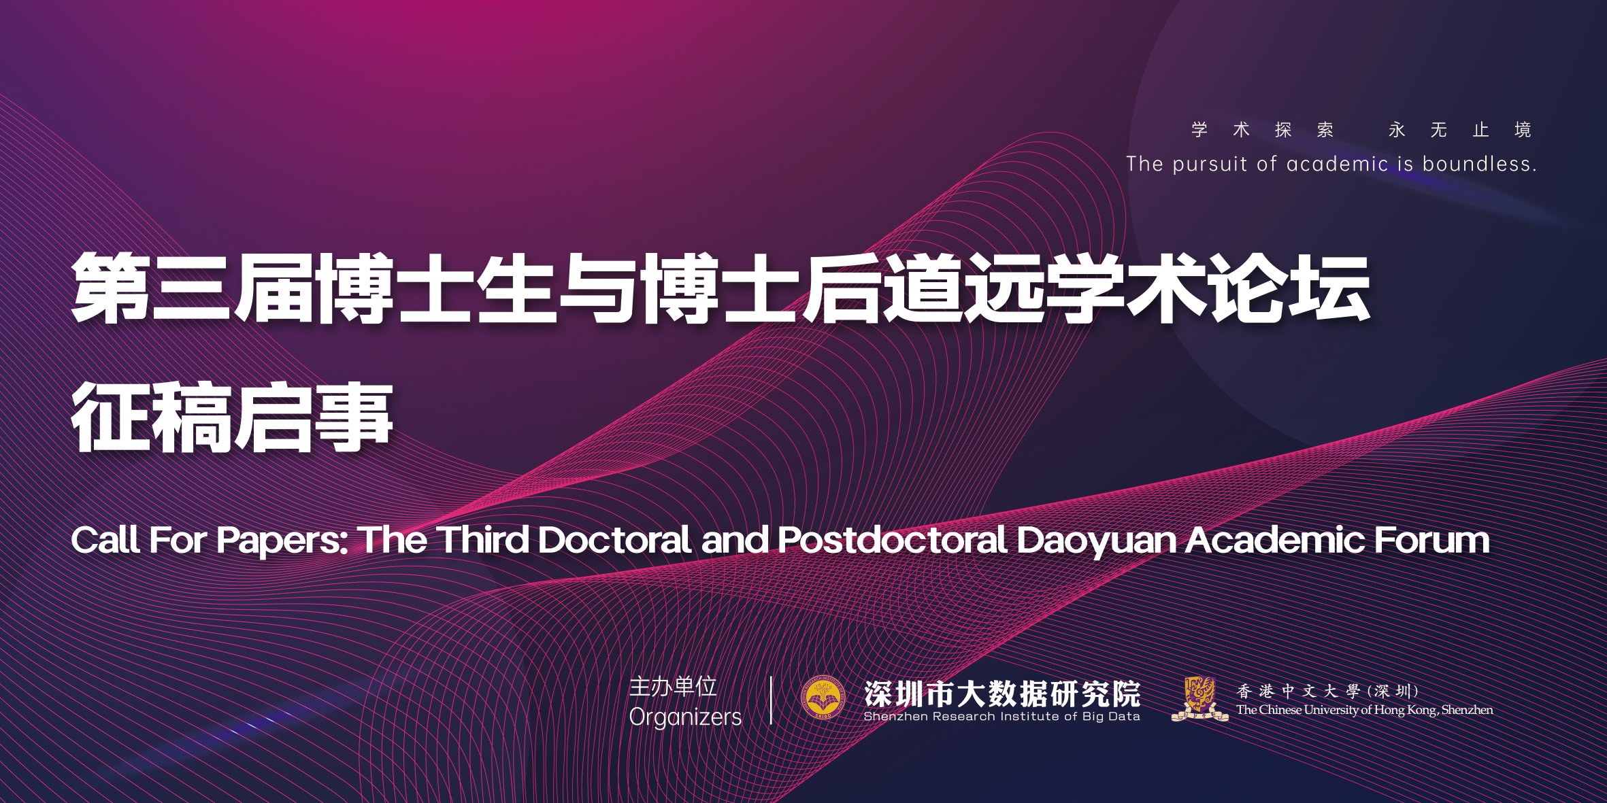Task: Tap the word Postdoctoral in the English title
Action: [x=892, y=540]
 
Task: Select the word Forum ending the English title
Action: [x=1431, y=540]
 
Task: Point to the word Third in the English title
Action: [x=482, y=540]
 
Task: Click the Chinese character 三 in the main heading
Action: [x=191, y=287]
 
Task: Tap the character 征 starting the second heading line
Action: [x=111, y=416]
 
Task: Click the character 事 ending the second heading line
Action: [x=354, y=416]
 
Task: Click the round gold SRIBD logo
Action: [x=823, y=698]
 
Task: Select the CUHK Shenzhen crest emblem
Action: [x=1199, y=698]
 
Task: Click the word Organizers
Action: [x=685, y=717]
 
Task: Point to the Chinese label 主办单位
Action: [x=673, y=687]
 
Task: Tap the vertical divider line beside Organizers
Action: [x=771, y=700]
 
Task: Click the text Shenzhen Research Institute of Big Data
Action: [x=1001, y=716]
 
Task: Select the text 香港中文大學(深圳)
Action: [x=1327, y=691]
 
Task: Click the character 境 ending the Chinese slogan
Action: [x=1523, y=129]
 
